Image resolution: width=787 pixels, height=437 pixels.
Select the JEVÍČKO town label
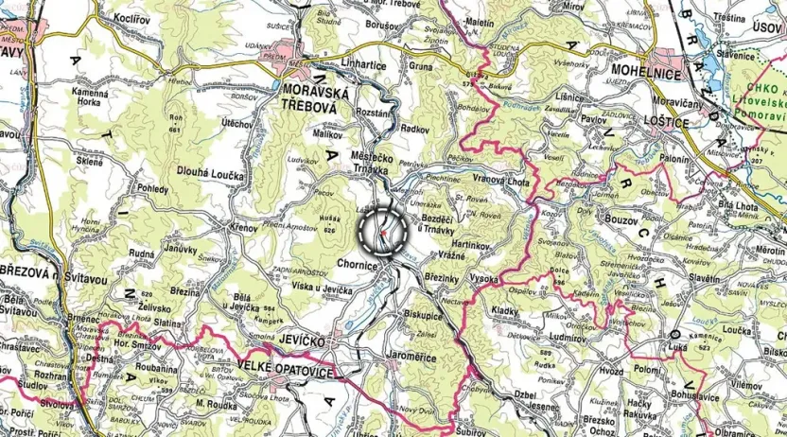click(304, 340)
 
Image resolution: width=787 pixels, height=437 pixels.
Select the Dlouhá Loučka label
click(210, 175)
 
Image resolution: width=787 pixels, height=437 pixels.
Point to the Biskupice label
click(425, 313)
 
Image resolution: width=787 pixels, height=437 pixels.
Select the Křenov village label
click(242, 229)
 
